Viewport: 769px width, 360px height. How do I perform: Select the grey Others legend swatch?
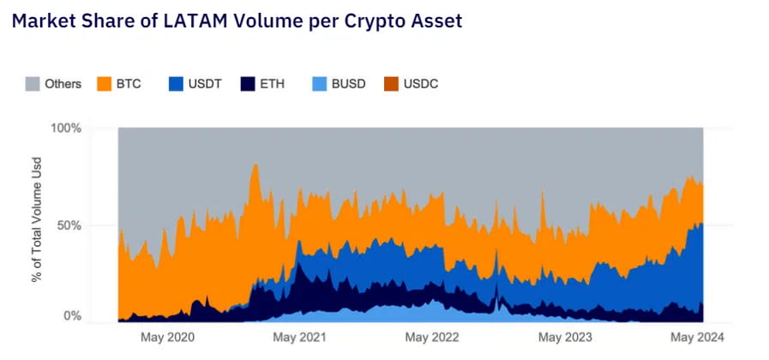[x=32, y=84]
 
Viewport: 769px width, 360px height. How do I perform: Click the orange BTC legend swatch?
[x=105, y=84]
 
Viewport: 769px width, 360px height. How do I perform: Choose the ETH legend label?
[x=273, y=84]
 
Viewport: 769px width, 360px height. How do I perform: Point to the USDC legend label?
[x=421, y=84]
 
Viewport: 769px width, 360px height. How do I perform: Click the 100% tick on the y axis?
[x=67, y=129]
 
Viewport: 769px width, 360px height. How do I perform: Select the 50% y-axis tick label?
[x=70, y=225]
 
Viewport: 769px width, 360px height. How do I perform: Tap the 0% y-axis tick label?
[x=74, y=316]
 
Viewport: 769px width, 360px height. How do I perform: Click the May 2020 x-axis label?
[x=167, y=338]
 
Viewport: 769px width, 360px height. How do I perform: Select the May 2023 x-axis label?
[x=565, y=338]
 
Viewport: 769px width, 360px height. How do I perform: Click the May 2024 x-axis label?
[x=699, y=338]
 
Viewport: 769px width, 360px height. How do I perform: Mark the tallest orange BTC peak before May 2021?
[x=255, y=165]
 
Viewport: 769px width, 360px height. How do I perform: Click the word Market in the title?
[x=43, y=21]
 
